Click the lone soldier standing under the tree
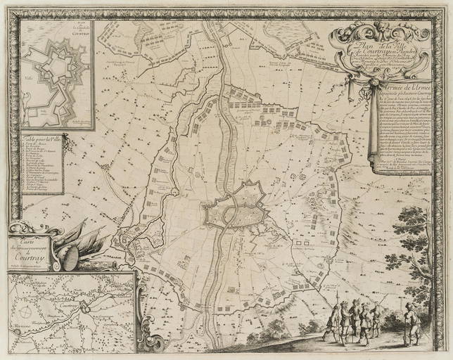pyautogui.click(x=410, y=324)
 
